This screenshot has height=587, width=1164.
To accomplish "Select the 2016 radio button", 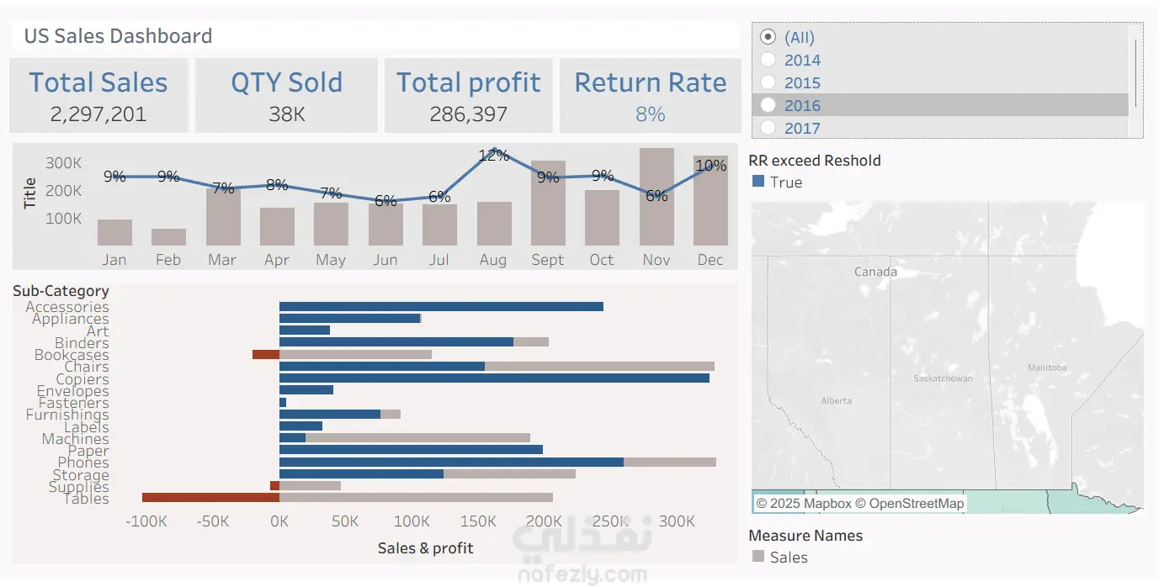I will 768,105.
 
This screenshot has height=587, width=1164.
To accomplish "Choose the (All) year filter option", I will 768,37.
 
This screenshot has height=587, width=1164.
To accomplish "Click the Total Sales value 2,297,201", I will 98,114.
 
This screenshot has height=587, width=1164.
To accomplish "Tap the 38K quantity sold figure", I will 287,114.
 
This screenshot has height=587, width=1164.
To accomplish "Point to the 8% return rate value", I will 650,114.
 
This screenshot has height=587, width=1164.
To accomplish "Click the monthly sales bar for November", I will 656,197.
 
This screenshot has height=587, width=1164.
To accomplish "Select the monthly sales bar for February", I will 168,237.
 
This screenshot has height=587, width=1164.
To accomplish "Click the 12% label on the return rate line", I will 493,156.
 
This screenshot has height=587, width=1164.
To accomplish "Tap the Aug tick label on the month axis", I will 493,260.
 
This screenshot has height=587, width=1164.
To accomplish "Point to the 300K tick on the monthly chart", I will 64,163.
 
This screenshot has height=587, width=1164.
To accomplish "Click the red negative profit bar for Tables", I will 210,498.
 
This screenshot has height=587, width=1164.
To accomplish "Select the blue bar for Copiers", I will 494,378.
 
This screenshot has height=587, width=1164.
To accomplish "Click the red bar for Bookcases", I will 265,355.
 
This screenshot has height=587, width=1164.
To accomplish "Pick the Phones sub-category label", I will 82,463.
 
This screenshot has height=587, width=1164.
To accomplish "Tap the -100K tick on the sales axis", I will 146,522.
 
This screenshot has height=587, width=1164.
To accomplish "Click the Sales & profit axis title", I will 425,548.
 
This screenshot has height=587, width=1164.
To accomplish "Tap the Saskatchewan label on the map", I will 943,378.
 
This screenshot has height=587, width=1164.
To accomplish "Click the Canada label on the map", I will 875,272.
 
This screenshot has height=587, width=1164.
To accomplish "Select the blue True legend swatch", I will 757,182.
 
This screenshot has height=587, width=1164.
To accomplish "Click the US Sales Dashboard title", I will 118,36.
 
